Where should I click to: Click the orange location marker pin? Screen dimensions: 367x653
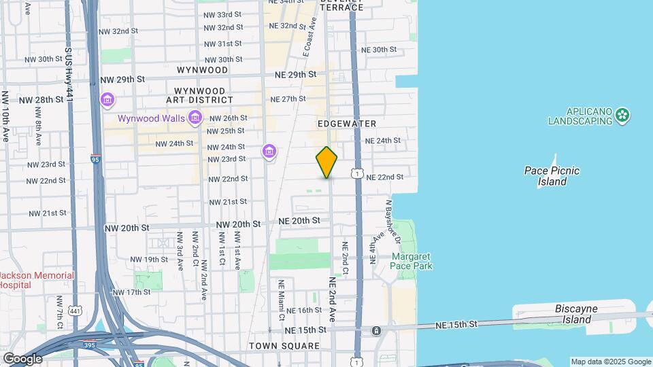tap(326, 162)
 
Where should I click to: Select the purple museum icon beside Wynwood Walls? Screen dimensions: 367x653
tap(195, 118)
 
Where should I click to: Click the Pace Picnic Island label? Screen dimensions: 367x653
tap(552, 176)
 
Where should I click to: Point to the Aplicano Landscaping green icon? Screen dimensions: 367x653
tap(622, 116)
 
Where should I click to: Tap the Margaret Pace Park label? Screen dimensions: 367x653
tap(412, 261)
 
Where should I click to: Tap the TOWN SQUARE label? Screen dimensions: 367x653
tap(284, 346)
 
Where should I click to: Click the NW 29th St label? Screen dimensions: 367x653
tap(121, 80)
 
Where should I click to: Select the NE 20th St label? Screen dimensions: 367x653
tap(299, 221)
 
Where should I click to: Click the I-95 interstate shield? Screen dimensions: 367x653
tap(96, 159)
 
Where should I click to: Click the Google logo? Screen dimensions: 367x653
tap(22, 358)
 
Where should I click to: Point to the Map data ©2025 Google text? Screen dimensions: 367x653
tap(610, 362)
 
